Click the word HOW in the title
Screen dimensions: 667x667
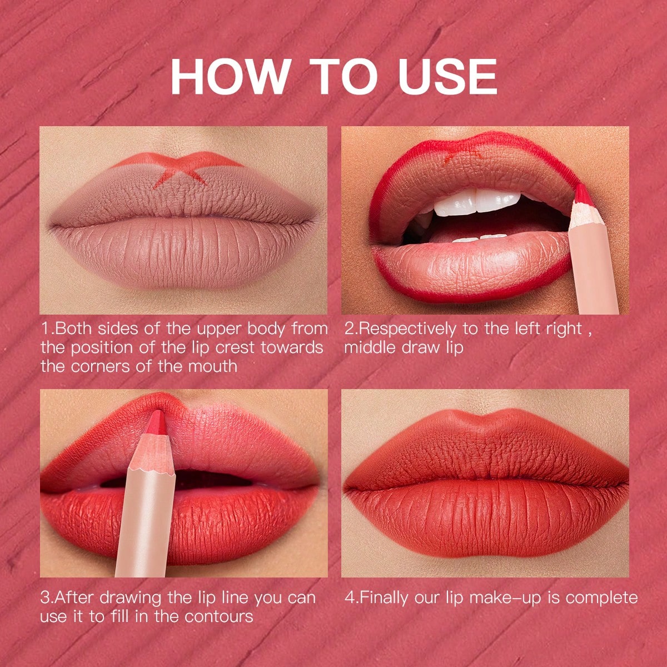pos(230,77)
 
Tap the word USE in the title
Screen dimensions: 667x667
pos(447,77)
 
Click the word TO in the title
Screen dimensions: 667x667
pos(343,77)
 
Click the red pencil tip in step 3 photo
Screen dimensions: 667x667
pos(158,422)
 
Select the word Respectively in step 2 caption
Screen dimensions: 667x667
pos(407,329)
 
